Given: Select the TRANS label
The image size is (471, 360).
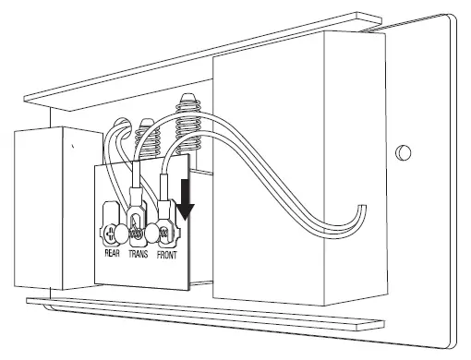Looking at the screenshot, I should pos(137,249).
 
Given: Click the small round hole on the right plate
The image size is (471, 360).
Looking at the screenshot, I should pos(402,151).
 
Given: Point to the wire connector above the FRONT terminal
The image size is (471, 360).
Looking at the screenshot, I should pos(166,198).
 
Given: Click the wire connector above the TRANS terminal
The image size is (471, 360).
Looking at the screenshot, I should pos(136,198).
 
